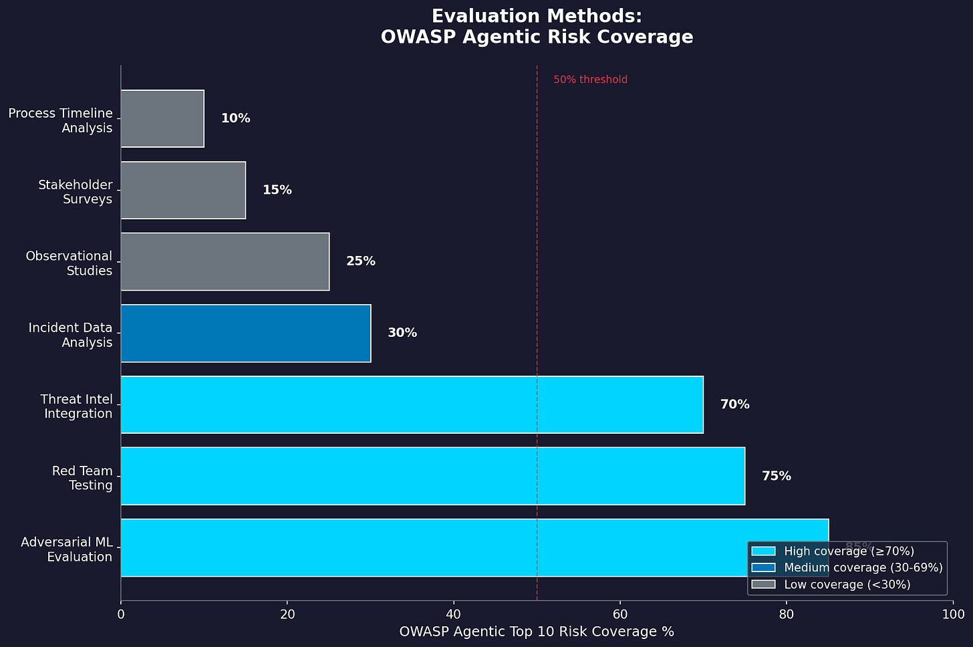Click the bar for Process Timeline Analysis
pos(162,118)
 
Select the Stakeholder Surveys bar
pos(183,190)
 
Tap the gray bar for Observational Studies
pos(225,261)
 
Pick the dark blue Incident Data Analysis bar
pos(245,333)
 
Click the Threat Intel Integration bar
pos(412,404)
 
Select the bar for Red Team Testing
pos(432,476)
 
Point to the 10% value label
pos(235,118)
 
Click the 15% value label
pos(277,190)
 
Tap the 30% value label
pos(402,333)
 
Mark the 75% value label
pos(776,476)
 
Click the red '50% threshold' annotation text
pos(590,80)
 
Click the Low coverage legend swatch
pos(763,584)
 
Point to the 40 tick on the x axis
pos(454,614)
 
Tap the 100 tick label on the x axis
pos(952,614)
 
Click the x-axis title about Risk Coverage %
pos(537,632)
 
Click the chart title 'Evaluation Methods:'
pos(537,16)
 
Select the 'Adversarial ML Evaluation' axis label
pos(67,549)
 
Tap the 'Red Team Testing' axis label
pos(82,478)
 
